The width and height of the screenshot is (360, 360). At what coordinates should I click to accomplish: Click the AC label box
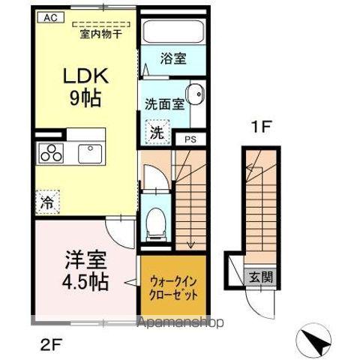(48, 16)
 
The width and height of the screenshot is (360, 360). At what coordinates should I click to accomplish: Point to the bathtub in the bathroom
(173, 31)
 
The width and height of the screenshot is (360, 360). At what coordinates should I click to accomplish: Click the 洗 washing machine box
(156, 133)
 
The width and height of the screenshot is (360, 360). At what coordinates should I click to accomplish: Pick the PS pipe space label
(190, 139)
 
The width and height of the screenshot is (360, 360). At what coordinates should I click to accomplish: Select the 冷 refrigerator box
(46, 201)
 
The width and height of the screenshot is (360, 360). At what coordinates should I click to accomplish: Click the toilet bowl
(156, 220)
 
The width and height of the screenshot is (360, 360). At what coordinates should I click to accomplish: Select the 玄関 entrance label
(262, 276)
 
